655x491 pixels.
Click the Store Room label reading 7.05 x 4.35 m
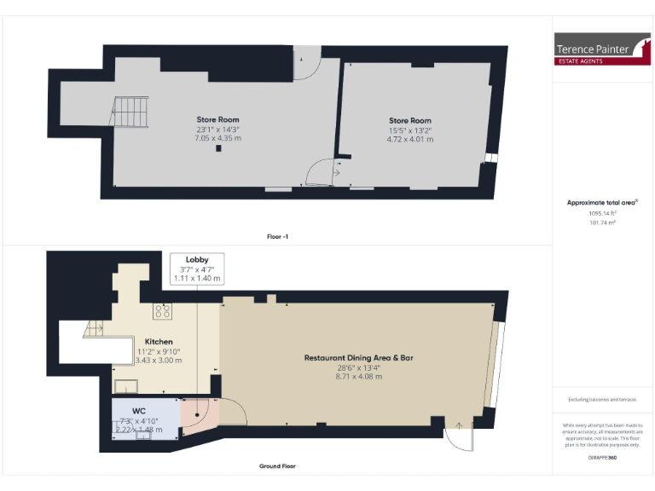[x=218, y=129]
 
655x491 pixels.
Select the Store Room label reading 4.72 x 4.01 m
[x=409, y=130]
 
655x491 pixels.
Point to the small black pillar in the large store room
[x=219, y=148]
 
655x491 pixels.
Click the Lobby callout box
[x=197, y=268]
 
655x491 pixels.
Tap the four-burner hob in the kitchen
[x=162, y=311]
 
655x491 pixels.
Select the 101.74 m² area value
[x=602, y=222]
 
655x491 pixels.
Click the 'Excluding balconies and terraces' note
[x=602, y=399]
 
